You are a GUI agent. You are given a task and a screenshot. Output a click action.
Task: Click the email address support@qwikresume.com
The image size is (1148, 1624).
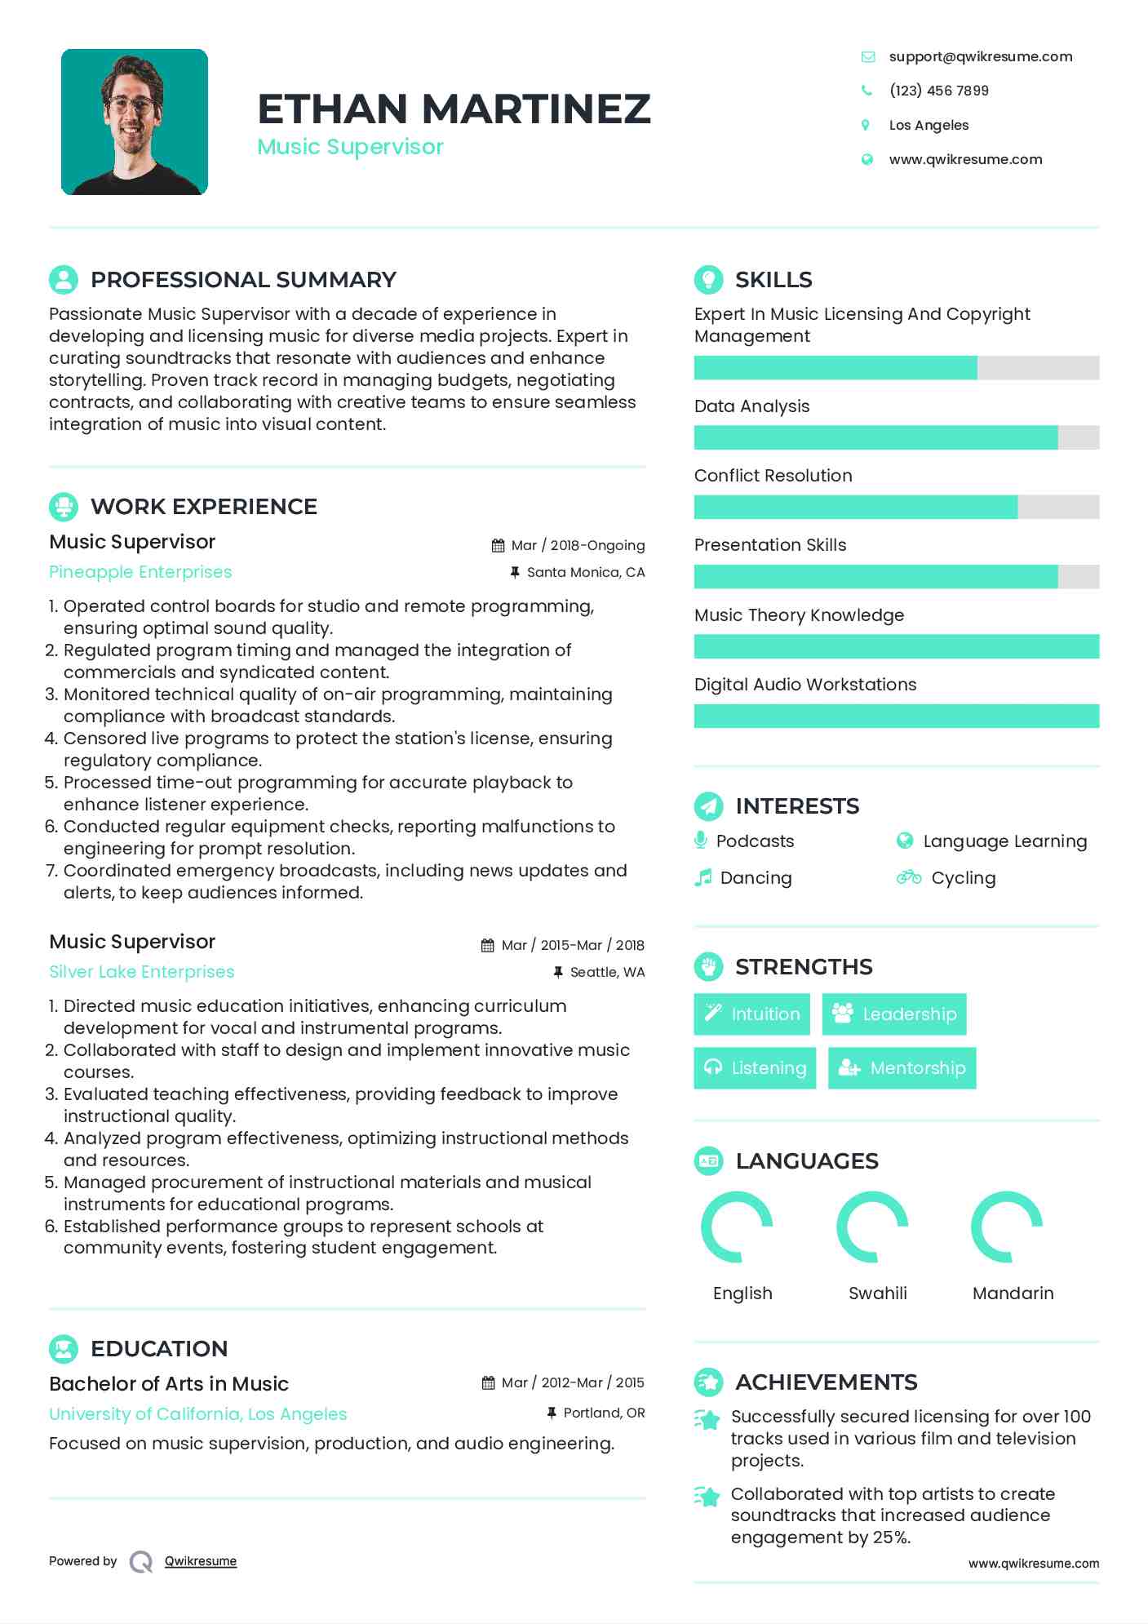[980, 56]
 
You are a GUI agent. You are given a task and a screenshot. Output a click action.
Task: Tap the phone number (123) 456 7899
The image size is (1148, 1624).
[938, 91]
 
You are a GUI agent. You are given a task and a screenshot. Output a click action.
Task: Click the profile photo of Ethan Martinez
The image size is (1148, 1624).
[135, 122]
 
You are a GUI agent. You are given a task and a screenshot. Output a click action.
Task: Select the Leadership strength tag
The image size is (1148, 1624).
[894, 1014]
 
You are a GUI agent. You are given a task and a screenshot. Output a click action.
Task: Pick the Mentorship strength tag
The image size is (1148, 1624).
[902, 1067]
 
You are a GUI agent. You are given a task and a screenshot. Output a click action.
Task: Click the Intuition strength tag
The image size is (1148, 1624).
[751, 1014]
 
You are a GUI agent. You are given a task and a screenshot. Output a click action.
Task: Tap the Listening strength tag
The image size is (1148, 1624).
[755, 1067]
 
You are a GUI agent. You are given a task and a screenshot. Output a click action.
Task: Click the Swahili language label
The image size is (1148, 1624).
[877, 1293]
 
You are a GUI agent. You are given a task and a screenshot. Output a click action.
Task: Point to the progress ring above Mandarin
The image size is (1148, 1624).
[1007, 1227]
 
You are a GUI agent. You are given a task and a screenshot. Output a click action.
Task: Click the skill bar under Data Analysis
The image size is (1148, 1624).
[896, 437]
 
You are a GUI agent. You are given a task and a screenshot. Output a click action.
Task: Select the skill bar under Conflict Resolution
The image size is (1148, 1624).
[896, 507]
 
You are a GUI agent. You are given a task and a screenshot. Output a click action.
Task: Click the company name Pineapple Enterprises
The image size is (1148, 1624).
[140, 572]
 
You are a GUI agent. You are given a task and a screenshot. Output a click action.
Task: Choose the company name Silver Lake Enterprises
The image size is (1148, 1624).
[142, 972]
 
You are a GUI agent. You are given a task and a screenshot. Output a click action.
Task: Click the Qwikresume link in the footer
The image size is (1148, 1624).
[201, 1561]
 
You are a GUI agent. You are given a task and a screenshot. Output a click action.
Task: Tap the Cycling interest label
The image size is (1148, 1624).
[963, 878]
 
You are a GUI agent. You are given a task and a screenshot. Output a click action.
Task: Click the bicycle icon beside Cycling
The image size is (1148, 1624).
[908, 877]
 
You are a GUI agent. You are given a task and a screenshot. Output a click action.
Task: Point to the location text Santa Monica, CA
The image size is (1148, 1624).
[585, 572]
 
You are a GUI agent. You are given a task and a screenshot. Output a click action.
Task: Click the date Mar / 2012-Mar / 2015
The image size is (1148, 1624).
[572, 1382]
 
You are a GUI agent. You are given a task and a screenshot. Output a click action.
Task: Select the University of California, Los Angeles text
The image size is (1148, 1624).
[198, 1414]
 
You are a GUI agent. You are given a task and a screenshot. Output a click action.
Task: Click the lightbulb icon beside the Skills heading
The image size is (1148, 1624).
[708, 279]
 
